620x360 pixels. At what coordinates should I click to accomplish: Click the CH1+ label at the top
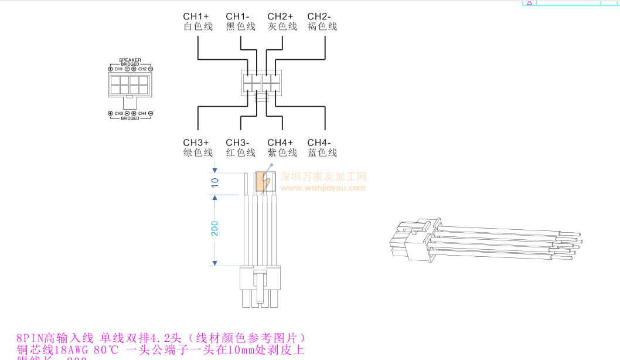[196, 16]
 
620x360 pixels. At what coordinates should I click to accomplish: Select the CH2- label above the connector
[319, 16]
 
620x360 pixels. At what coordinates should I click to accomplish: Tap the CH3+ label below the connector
[196, 142]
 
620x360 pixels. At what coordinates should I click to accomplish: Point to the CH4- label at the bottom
[319, 142]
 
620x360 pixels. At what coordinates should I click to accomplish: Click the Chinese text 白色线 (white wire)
[198, 26]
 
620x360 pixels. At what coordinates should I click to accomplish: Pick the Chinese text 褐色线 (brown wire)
[322, 26]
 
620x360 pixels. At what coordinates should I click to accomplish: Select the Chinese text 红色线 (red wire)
[241, 153]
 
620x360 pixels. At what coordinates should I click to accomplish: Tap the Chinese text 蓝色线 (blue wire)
[322, 153]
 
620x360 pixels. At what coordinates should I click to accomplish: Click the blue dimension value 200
[214, 228]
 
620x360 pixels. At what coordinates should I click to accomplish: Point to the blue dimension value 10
[214, 182]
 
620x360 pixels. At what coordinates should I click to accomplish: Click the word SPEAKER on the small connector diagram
[130, 60]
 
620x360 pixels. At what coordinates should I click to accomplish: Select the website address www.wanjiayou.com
[323, 188]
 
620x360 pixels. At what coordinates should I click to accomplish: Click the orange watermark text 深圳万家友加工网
[323, 176]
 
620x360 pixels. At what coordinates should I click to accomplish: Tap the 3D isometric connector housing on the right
[413, 240]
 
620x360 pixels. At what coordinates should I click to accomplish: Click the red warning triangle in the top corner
[529, 3]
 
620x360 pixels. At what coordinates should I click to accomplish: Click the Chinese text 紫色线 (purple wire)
[282, 153]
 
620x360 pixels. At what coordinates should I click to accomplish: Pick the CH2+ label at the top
[280, 16]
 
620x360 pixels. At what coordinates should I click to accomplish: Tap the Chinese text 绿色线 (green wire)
[198, 153]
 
